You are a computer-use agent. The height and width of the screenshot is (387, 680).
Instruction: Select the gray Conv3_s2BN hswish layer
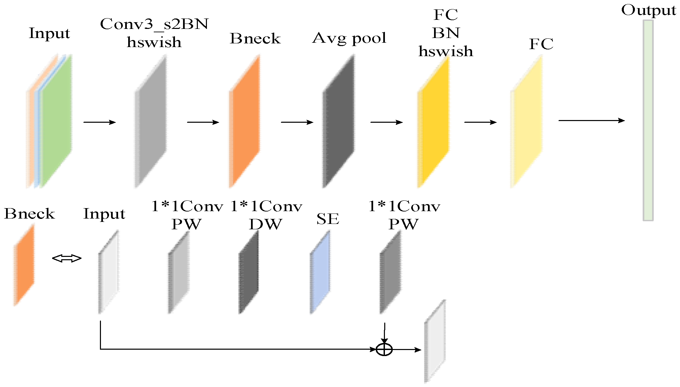click(151, 121)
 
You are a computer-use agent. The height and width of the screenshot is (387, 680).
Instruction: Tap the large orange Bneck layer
click(245, 121)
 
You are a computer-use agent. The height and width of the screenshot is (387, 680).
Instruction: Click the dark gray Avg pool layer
click(339, 121)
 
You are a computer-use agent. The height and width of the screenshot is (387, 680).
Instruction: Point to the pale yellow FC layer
click(527, 121)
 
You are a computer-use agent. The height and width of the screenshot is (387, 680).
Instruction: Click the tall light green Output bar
click(648, 120)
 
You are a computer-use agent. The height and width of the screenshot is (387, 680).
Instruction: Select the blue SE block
click(320, 272)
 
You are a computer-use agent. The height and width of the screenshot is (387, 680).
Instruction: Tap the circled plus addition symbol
click(384, 349)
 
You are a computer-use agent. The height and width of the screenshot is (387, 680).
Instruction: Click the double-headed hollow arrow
click(67, 258)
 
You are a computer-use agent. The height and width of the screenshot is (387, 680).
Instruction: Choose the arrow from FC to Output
click(591, 120)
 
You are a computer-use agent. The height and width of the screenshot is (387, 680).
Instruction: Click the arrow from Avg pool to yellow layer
click(386, 122)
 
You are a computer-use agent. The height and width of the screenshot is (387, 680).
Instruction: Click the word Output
click(648, 10)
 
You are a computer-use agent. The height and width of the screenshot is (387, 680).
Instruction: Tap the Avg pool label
click(349, 38)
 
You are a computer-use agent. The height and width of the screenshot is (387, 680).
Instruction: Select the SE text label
click(328, 219)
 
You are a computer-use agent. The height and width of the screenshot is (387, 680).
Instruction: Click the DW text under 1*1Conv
click(265, 224)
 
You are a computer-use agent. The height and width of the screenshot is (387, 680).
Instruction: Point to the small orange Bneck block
click(24, 265)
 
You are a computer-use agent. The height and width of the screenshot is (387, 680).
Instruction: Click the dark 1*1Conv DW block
click(249, 272)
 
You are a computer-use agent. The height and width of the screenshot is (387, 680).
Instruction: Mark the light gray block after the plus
click(435, 341)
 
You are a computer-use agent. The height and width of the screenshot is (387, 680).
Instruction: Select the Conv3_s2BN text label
click(154, 24)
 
